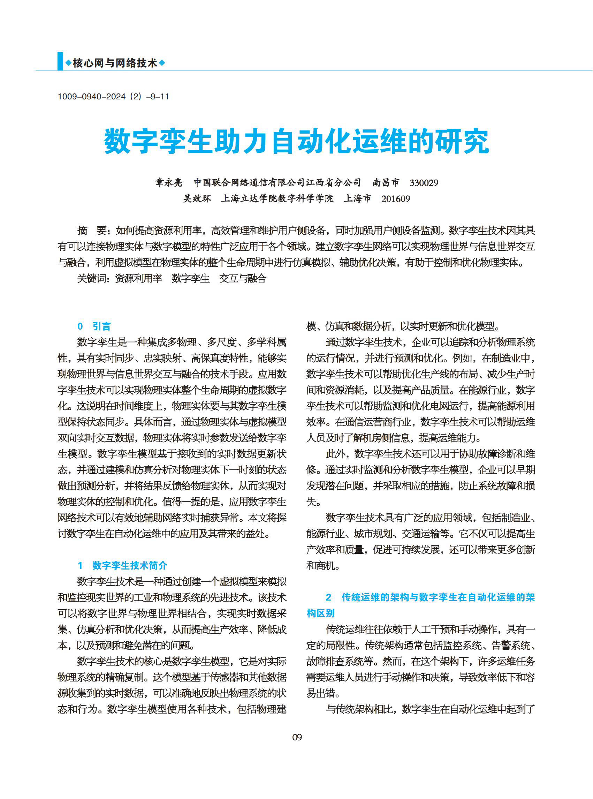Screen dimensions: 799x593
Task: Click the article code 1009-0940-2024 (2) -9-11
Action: [x=113, y=97]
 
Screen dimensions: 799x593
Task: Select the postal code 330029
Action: [x=424, y=183]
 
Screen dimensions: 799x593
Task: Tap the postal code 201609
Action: [x=396, y=198]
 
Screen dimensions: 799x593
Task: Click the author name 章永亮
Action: [x=169, y=183]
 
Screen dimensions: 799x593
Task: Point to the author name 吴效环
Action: [x=197, y=198]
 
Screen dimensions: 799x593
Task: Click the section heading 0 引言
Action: [x=94, y=326]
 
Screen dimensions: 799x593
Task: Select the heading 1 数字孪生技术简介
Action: [x=122, y=565]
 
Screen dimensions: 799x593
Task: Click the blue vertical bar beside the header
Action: [x=60, y=62]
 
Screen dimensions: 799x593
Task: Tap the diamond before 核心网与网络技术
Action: [x=68, y=63]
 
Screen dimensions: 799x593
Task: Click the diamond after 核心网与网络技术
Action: [x=162, y=63]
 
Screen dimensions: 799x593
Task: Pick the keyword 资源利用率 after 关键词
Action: [x=138, y=278]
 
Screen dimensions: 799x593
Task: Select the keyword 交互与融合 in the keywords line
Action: [x=243, y=278]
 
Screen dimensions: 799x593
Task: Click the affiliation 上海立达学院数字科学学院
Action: [x=277, y=198]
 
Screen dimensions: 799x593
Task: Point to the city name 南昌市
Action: [x=386, y=183]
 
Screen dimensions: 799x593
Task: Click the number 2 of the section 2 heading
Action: [x=328, y=597]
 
